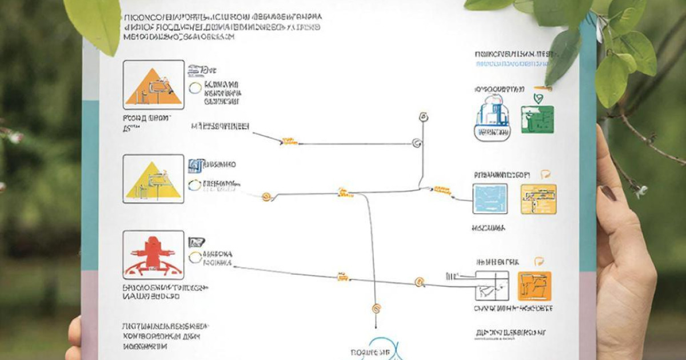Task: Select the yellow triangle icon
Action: pyautogui.click(x=153, y=180)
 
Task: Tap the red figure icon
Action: pyautogui.click(x=153, y=255)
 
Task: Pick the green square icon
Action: pyautogui.click(x=537, y=119)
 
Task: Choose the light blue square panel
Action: pyautogui.click(x=490, y=199)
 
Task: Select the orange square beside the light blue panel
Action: pyautogui.click(x=538, y=199)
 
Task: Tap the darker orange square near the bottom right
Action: pyautogui.click(x=534, y=286)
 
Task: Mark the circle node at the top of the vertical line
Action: pyautogui.click(x=423, y=118)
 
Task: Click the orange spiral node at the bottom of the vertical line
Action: pyautogui.click(x=376, y=309)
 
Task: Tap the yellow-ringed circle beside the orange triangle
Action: pyautogui.click(x=195, y=87)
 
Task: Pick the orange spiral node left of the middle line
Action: pyautogui.click(x=265, y=197)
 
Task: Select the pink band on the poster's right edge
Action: pyautogui.click(x=588, y=314)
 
